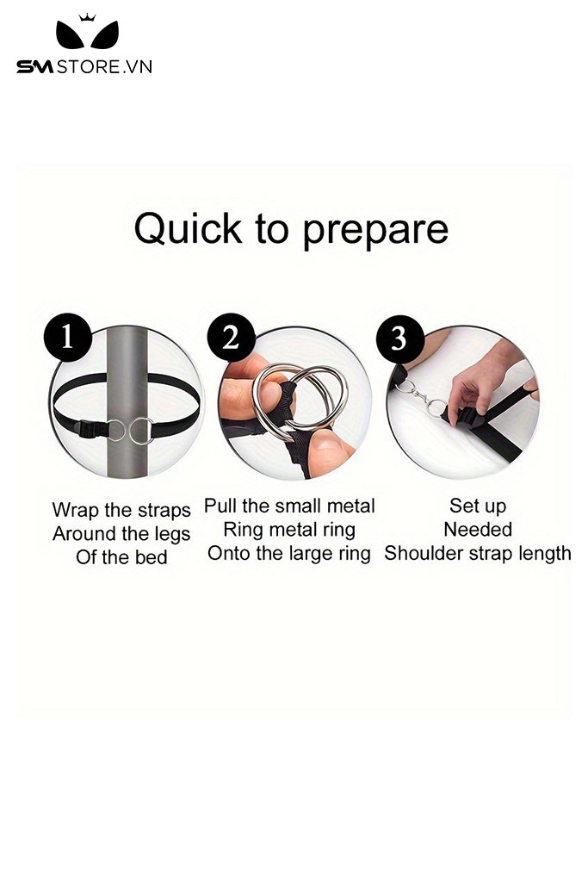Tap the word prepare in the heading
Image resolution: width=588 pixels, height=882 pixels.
pyautogui.click(x=375, y=231)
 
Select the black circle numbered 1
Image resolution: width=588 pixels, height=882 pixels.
pyautogui.click(x=67, y=338)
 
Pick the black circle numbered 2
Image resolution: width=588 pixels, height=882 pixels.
pyautogui.click(x=231, y=338)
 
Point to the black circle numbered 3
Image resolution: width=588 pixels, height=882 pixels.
pyautogui.click(x=399, y=339)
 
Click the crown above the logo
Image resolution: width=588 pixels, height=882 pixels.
pyautogui.click(x=87, y=17)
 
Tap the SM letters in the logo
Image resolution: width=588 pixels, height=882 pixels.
pyautogui.click(x=34, y=67)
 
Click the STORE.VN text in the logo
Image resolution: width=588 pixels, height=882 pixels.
pyautogui.click(x=104, y=67)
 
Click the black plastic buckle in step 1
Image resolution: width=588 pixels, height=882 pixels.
pyautogui.click(x=91, y=430)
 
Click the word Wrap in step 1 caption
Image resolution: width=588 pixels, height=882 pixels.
pyautogui.click(x=76, y=510)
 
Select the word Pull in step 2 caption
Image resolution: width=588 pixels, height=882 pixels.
pyautogui.click(x=220, y=506)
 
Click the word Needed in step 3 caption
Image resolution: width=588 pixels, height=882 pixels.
pyautogui.click(x=478, y=530)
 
